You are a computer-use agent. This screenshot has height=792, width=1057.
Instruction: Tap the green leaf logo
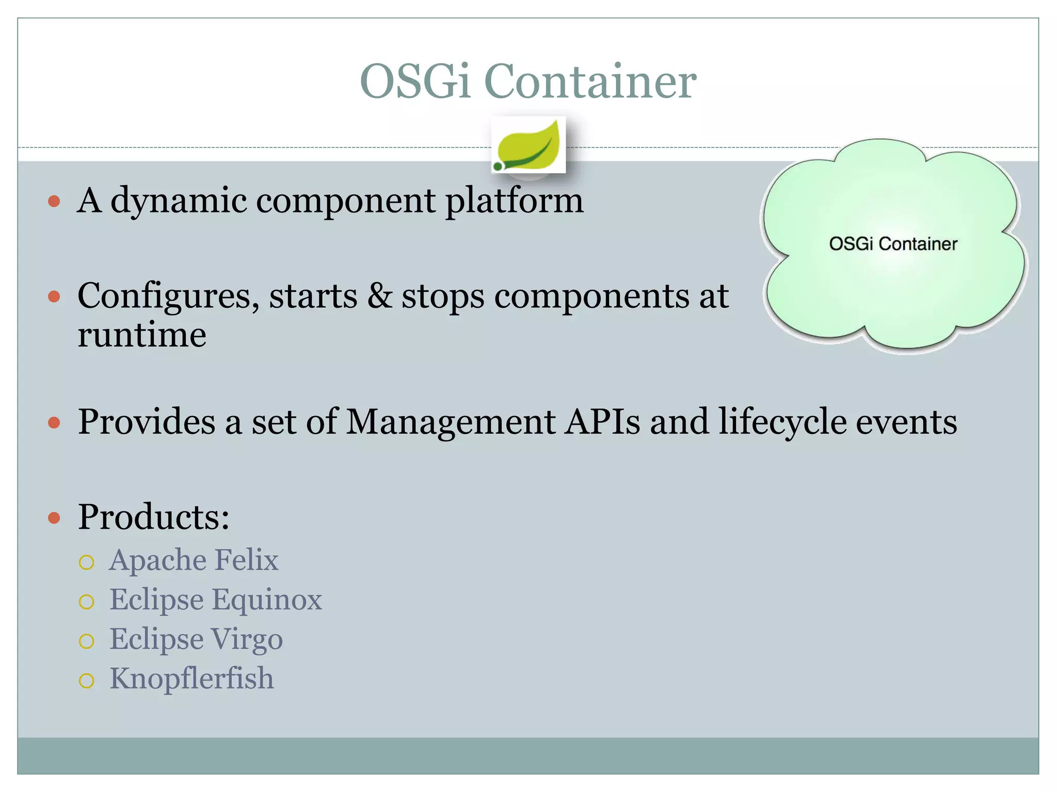(x=528, y=145)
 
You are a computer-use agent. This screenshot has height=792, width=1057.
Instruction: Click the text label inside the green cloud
(x=893, y=244)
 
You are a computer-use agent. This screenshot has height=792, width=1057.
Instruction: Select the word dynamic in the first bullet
(x=179, y=201)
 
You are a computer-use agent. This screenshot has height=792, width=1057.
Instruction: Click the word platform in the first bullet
(x=514, y=201)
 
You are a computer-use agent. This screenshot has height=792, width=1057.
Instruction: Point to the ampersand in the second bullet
(x=379, y=296)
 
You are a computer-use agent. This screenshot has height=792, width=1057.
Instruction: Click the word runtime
(x=142, y=335)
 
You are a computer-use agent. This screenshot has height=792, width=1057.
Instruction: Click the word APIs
(x=602, y=422)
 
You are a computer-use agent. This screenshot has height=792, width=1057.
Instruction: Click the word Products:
(x=153, y=517)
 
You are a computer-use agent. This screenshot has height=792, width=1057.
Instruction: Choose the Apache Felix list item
(x=194, y=560)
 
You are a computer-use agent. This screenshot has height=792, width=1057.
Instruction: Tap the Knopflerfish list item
(x=191, y=679)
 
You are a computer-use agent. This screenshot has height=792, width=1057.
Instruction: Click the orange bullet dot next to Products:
(x=54, y=518)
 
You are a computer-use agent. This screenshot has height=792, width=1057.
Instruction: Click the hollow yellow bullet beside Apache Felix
(x=87, y=562)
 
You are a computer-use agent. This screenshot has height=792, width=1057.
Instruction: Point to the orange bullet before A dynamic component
(x=54, y=201)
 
